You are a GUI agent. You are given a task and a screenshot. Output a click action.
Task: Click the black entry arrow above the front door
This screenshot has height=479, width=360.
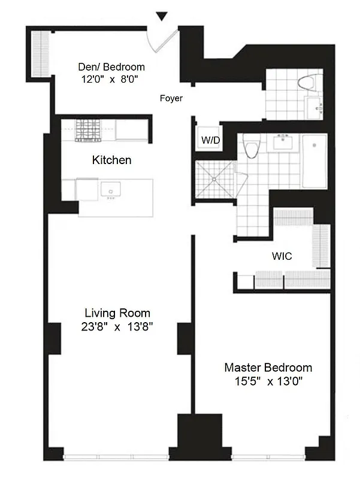[161, 17]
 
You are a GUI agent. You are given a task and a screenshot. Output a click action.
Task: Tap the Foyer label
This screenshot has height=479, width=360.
[171, 99]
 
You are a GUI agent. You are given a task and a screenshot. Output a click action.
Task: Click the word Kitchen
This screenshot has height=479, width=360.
[111, 160]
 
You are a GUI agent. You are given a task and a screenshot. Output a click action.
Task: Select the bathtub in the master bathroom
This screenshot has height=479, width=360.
[314, 160]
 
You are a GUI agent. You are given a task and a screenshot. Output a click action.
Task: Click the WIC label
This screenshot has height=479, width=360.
[282, 256]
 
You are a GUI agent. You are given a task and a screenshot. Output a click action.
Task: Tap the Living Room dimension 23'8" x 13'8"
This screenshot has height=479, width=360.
[117, 327]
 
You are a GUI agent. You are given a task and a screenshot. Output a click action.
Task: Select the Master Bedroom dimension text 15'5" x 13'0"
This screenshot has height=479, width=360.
[268, 381]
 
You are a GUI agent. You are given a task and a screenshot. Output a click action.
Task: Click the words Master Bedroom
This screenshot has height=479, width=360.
[268, 368]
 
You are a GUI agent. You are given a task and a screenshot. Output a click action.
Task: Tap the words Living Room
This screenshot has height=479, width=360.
[117, 313]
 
